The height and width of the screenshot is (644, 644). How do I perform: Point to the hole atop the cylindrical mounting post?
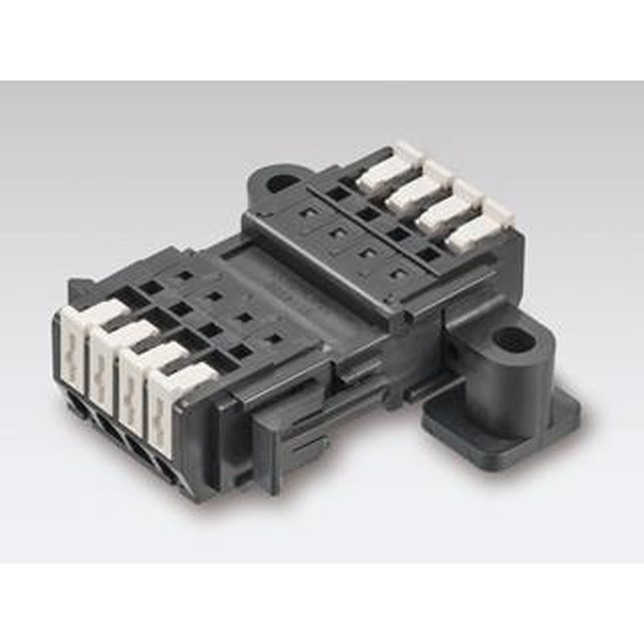(509, 336)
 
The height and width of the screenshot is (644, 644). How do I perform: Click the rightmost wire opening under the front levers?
(168, 467)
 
